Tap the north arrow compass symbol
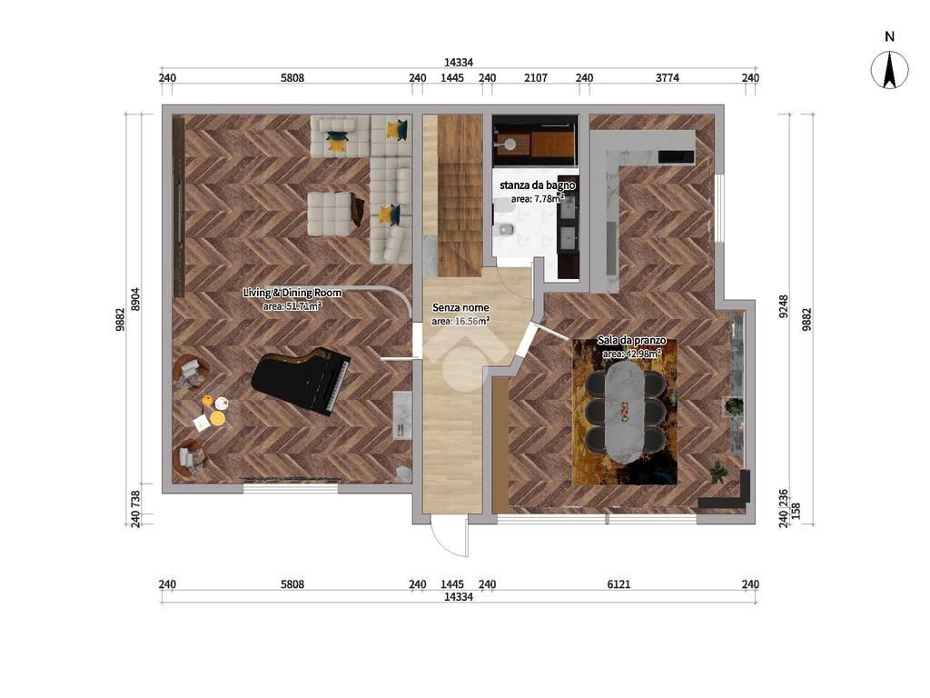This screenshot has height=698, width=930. [889, 70]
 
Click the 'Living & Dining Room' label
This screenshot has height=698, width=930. [292, 293]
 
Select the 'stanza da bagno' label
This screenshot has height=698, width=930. [538, 185]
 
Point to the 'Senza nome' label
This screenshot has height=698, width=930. [460, 307]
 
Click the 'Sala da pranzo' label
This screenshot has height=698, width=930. [632, 341]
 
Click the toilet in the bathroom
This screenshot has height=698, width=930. [504, 228]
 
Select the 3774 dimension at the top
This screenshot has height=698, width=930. [668, 78]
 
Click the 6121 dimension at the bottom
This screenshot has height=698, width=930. [618, 584]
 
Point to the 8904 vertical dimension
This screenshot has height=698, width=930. [136, 299]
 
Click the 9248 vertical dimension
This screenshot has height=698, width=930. [784, 307]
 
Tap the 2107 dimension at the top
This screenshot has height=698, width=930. [536, 78]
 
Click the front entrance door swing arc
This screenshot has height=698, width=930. [442, 545]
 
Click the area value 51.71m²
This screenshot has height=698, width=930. [292, 306]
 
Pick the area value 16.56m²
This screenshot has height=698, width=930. [460, 321]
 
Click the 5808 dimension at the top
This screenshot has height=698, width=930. [292, 78]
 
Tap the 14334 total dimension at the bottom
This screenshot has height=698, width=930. [459, 597]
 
